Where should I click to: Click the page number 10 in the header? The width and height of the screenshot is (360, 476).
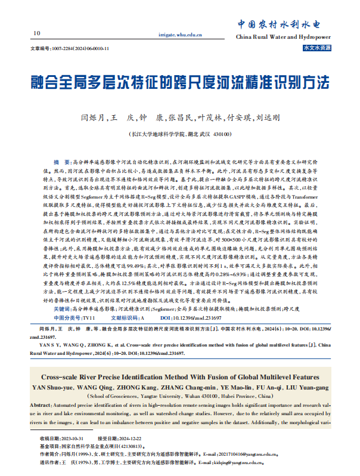pyautogui.click(x=37, y=32)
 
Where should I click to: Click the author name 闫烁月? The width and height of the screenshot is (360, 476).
pyautogui.click(x=93, y=118)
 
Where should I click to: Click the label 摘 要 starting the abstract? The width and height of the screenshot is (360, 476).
pyautogui.click(x=61, y=162)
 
